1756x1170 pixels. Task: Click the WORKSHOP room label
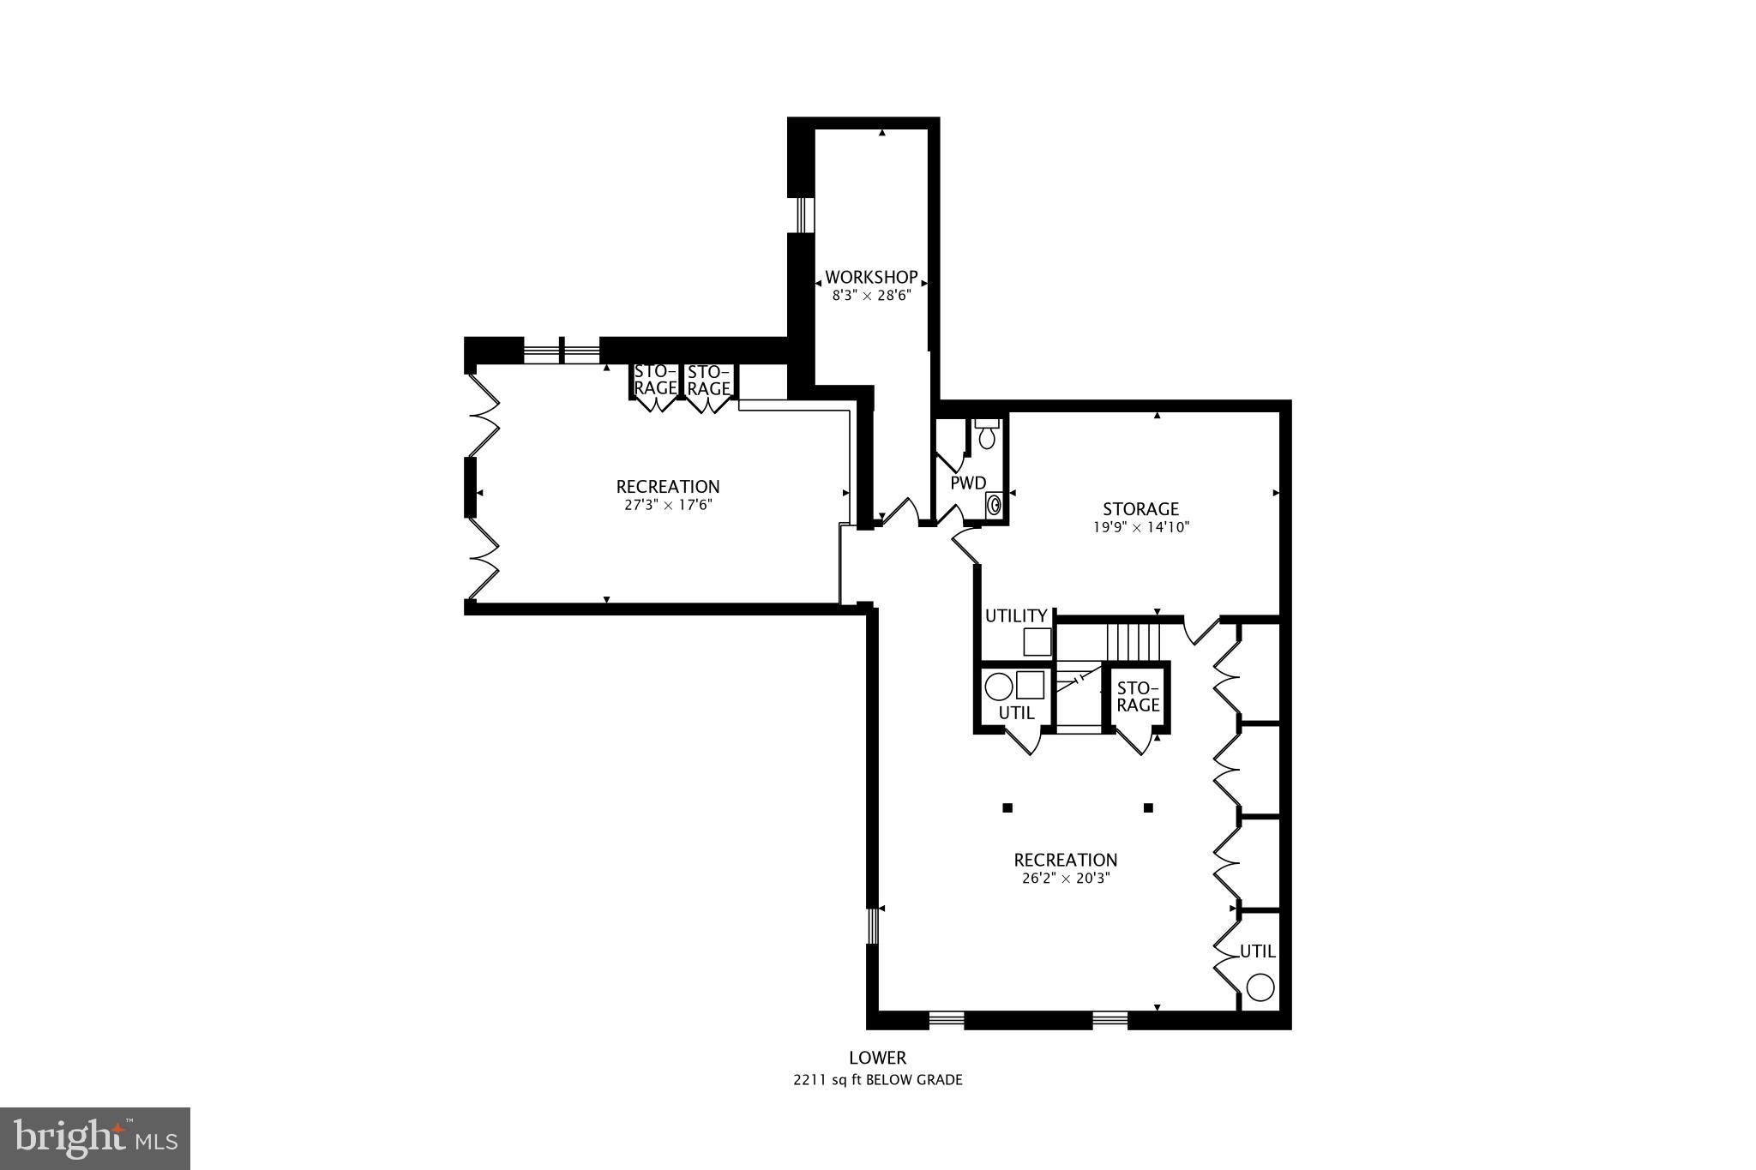[871, 278]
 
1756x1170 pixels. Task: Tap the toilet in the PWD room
[987, 435]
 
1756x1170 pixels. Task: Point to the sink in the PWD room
[995, 505]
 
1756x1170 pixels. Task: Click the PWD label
[968, 483]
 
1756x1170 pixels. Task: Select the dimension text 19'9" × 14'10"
[1140, 528]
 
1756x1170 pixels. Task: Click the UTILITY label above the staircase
[1015, 616]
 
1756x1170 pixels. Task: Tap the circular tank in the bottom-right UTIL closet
[1259, 987]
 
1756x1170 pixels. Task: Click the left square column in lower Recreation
[1007, 807]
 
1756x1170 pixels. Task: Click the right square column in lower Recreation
[1148, 807]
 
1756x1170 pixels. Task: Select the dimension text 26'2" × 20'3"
[1066, 879]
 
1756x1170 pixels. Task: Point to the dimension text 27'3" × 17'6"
[668, 506]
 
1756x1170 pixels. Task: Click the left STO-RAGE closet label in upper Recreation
[655, 380]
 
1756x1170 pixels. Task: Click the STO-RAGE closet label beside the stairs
[1138, 697]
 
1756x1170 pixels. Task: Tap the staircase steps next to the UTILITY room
[1132, 639]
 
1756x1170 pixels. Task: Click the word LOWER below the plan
[877, 1059]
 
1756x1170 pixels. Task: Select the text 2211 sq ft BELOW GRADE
[877, 1080]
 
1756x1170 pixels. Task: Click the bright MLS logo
[95, 1138]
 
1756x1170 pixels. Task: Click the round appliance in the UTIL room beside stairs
[997, 687]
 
